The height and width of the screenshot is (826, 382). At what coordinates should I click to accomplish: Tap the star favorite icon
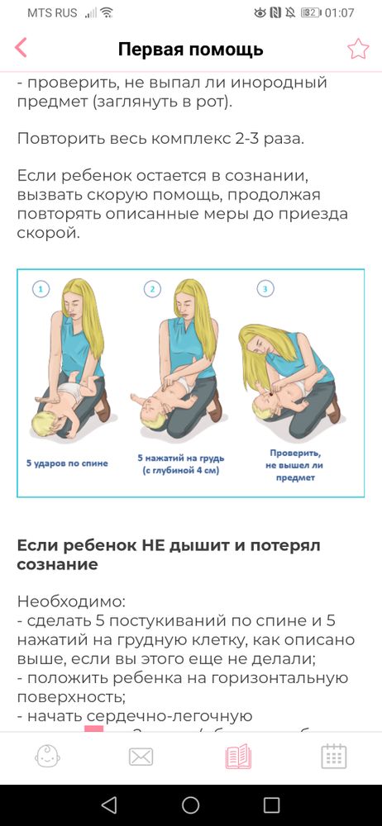coord(357,49)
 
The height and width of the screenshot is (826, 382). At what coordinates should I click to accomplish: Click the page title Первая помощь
coord(190,50)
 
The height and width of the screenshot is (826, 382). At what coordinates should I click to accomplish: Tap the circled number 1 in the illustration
coord(41,289)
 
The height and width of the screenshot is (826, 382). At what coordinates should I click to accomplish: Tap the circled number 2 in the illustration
coord(152,289)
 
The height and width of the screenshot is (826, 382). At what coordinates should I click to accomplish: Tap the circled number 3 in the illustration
coord(264,289)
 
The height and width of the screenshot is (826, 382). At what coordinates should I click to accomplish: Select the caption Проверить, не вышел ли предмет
coord(294,463)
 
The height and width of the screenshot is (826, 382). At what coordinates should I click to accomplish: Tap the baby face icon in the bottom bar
coord(48,756)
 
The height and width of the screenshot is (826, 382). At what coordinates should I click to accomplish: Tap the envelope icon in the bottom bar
coord(142,756)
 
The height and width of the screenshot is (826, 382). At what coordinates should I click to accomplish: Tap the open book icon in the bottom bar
coord(238,756)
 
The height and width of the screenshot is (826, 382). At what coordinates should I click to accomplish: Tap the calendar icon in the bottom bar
coord(333,756)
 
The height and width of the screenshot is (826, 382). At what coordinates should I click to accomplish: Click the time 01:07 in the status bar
coord(339,13)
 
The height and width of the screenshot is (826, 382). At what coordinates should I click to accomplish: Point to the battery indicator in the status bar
coord(310,13)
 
